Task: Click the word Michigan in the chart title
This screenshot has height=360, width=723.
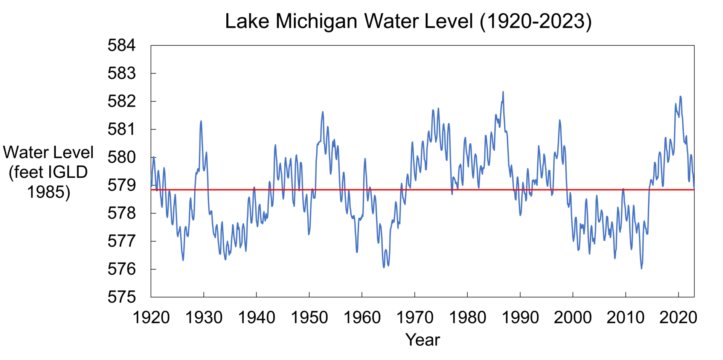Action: (x=316, y=21)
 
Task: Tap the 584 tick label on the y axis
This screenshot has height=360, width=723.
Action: (x=121, y=46)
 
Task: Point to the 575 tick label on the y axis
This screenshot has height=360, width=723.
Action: (x=121, y=297)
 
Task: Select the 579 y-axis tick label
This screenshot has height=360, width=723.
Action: (x=121, y=185)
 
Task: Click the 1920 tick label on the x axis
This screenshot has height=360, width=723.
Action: (x=151, y=318)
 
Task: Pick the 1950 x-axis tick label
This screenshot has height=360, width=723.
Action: (x=309, y=318)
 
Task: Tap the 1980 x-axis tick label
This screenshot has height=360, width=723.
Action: (x=467, y=318)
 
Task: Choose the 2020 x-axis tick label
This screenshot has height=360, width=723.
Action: (x=678, y=318)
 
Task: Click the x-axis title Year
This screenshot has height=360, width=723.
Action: (x=423, y=340)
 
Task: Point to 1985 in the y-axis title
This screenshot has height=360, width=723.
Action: (x=49, y=192)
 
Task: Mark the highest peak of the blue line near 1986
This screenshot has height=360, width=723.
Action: (x=503, y=92)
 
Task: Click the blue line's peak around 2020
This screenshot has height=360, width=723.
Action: (x=680, y=96)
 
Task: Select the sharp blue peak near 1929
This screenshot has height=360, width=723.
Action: (x=201, y=121)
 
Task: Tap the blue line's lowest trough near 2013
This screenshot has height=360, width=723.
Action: (x=641, y=268)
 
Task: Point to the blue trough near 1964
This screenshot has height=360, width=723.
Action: (x=384, y=267)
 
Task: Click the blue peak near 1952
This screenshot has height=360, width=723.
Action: (x=323, y=112)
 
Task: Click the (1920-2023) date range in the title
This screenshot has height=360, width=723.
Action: (x=535, y=21)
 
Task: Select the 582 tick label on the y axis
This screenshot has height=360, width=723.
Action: (x=121, y=102)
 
